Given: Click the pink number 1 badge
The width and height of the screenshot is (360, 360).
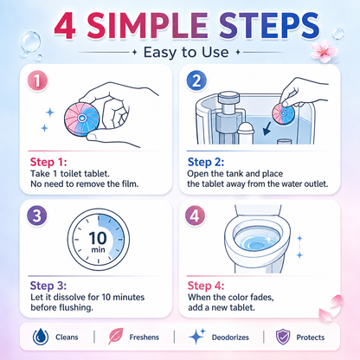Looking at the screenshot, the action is click(37, 81).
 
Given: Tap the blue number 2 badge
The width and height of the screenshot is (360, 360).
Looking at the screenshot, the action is click(196, 80).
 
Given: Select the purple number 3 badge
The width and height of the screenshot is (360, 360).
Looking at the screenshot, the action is click(37, 215).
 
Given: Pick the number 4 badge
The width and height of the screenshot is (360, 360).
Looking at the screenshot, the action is click(195, 215).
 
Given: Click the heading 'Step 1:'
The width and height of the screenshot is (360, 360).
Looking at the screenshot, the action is click(48, 162).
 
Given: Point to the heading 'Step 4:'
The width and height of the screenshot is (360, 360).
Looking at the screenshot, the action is click(206, 286).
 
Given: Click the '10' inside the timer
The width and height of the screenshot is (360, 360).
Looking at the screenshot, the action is click(98, 238).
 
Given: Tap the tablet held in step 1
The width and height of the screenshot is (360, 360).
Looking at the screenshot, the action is click(82, 119).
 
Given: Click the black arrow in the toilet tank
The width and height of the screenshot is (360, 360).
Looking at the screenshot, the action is click(267, 128).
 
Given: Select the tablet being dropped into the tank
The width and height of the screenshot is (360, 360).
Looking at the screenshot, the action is click(283, 114).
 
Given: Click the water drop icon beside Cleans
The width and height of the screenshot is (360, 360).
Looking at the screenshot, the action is click(41, 337).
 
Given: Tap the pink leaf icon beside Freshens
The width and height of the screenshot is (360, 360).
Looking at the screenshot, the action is click(115, 336).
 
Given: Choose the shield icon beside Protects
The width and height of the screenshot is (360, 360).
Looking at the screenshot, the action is click(283, 337).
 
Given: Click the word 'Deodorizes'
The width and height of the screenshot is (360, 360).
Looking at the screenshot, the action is click(230, 337).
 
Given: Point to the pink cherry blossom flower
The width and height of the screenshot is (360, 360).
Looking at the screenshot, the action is click(324, 51).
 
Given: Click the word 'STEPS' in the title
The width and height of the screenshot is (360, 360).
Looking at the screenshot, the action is click(269, 25).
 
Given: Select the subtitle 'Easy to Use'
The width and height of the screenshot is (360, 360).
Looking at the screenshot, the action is click(186, 52).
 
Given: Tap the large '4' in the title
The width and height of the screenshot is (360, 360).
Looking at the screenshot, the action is click(66, 26).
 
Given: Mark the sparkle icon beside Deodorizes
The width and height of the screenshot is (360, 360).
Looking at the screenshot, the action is click(196, 337).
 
